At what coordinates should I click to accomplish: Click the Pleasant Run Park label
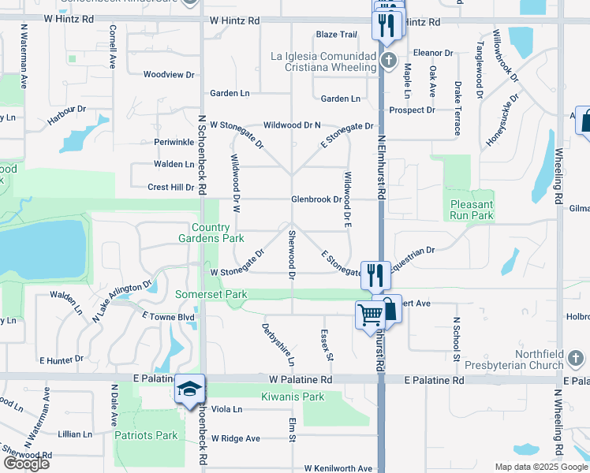471,209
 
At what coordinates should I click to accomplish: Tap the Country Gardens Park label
211,232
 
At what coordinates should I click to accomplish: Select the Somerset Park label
211,295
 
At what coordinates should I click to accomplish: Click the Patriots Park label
146,435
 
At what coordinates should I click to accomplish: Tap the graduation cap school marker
189,389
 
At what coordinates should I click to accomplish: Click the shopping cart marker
370,314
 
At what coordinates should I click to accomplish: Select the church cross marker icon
387,61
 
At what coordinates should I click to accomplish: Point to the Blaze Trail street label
337,35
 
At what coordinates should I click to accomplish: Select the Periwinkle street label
174,142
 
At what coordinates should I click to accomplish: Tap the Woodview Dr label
169,75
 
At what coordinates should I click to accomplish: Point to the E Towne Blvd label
168,316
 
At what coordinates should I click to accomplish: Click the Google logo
25,464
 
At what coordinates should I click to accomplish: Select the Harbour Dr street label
66,115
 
